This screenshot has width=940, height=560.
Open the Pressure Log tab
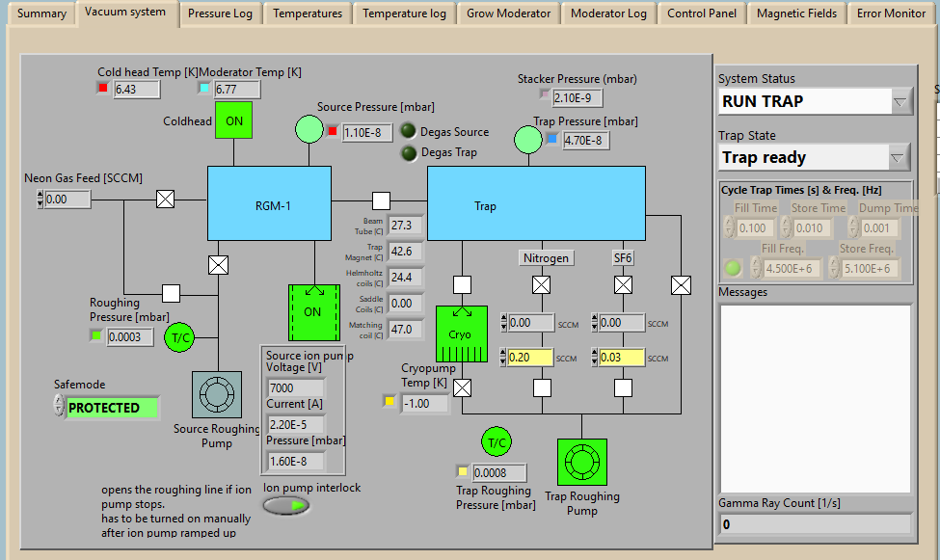point(220,13)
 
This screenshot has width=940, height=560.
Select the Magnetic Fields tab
point(796,13)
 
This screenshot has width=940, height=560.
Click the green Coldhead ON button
point(233,120)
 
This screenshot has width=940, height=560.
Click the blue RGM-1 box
point(273,203)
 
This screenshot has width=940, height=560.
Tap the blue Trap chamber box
point(536,203)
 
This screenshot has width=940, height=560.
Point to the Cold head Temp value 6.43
point(136,89)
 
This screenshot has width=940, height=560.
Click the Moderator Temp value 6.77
point(236,89)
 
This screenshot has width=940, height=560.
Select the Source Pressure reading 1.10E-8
point(366,132)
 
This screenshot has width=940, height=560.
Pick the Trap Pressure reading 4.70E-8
point(585,140)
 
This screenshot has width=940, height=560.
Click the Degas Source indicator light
point(409,132)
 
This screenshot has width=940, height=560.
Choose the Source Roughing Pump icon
point(217,394)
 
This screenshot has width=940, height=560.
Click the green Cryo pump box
point(461,333)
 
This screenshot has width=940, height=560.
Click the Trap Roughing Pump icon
point(581,464)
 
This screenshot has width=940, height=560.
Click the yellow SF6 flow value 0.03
point(621,358)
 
